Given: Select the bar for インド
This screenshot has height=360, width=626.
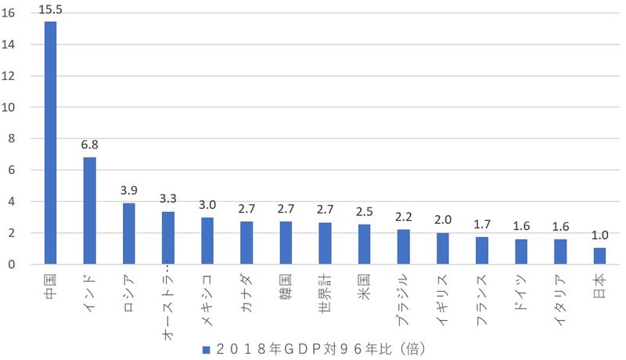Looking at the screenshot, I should [x=89, y=211].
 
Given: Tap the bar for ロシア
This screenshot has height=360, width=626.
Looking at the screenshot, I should [x=128, y=233].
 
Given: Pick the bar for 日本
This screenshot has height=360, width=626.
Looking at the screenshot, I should [x=599, y=256].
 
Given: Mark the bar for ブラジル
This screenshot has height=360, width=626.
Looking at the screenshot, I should [x=403, y=247].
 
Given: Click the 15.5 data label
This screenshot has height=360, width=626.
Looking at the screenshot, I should [x=50, y=9].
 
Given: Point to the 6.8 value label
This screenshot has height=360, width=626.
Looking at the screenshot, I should [x=89, y=145].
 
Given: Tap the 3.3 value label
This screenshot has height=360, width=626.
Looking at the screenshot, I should [x=167, y=199].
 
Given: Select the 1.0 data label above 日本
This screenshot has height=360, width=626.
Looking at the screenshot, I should [x=599, y=235].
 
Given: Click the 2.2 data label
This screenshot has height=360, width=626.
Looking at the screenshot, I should [x=403, y=216].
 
